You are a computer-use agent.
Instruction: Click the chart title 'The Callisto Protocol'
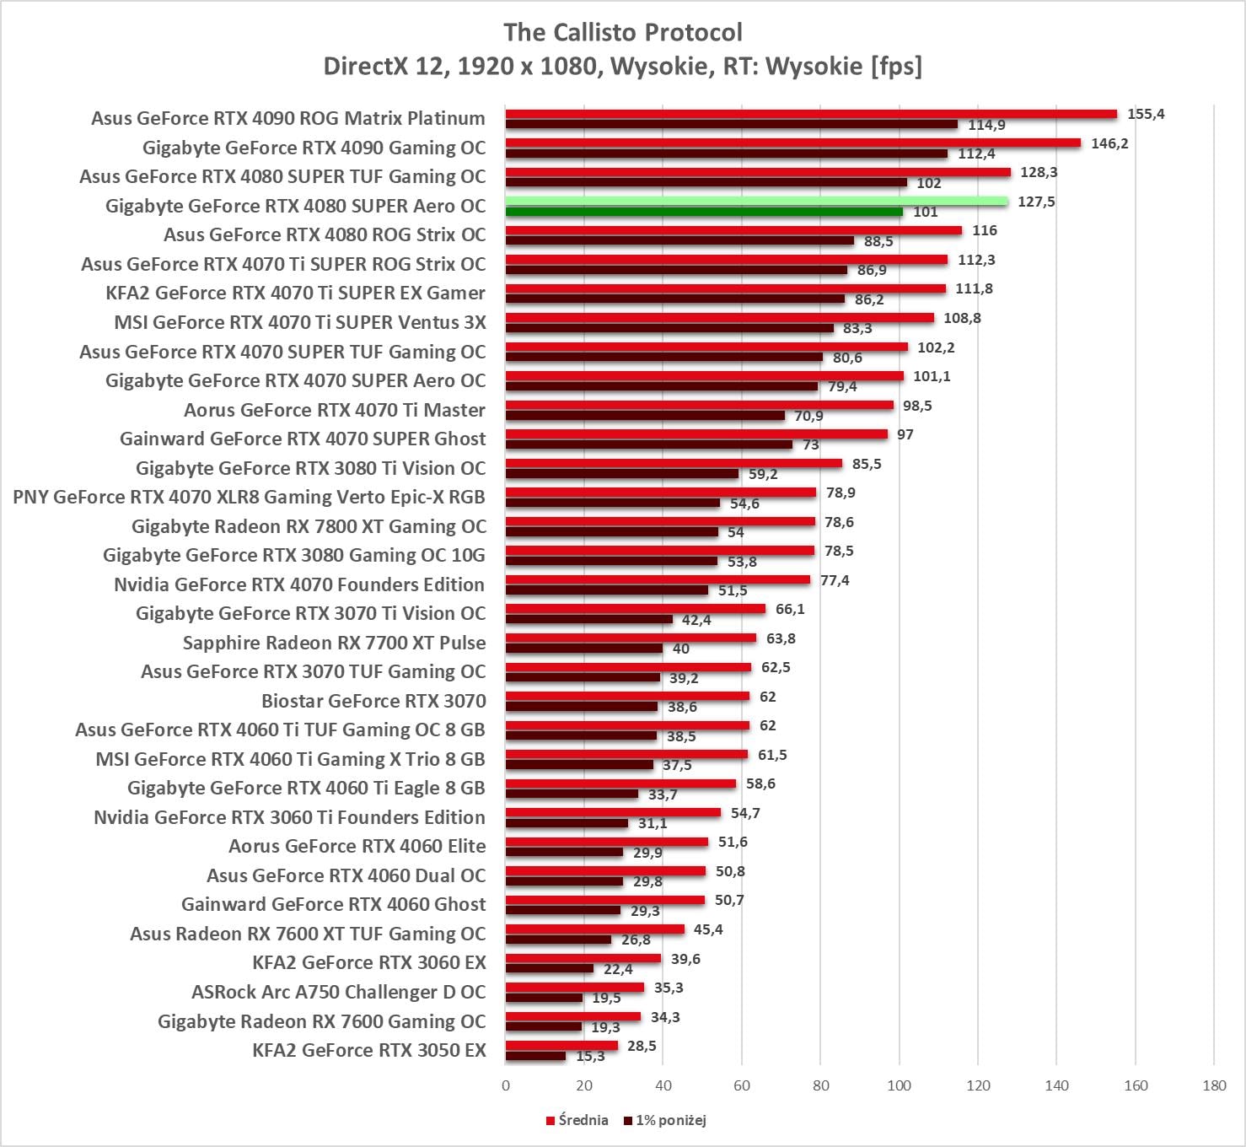pyautogui.click(x=622, y=32)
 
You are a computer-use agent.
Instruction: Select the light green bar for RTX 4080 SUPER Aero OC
pyautogui.click(x=756, y=201)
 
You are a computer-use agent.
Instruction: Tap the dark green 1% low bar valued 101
pyautogui.click(x=704, y=212)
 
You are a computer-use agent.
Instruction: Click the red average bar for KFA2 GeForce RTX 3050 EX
pyautogui.click(x=561, y=1046)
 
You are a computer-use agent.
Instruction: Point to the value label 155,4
pyautogui.click(x=1146, y=114)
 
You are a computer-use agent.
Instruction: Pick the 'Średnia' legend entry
pyautogui.click(x=577, y=1120)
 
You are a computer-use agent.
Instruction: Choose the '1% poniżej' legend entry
pyautogui.click(x=665, y=1120)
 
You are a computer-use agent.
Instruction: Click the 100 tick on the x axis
pyautogui.click(x=899, y=1085)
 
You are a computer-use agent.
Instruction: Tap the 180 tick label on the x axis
pyautogui.click(x=1214, y=1085)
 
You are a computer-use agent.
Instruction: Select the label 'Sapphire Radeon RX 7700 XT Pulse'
pyautogui.click(x=334, y=643)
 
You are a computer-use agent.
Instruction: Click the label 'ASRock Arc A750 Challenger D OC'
pyautogui.click(x=338, y=992)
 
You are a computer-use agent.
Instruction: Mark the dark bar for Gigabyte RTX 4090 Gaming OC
pyautogui.click(x=727, y=153)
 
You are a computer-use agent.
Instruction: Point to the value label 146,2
pyautogui.click(x=1109, y=143)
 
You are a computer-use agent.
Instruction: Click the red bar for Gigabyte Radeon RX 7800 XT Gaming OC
pyautogui.click(x=660, y=521)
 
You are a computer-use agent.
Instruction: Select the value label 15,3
pyautogui.click(x=590, y=1056)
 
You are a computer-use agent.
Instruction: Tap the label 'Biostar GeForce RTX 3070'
pyautogui.click(x=373, y=701)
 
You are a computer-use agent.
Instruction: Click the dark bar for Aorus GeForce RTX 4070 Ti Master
pyautogui.click(x=645, y=416)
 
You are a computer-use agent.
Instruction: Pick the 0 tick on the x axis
pyautogui.click(x=506, y=1085)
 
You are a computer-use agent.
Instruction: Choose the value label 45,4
pyautogui.click(x=708, y=929)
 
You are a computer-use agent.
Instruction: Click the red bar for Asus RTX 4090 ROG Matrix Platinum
pyautogui.click(x=811, y=114)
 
